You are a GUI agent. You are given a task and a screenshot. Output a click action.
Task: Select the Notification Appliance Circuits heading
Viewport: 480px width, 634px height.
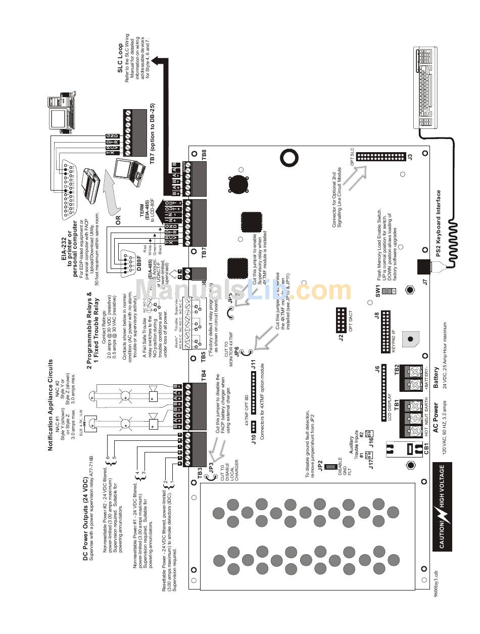click(51, 404)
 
